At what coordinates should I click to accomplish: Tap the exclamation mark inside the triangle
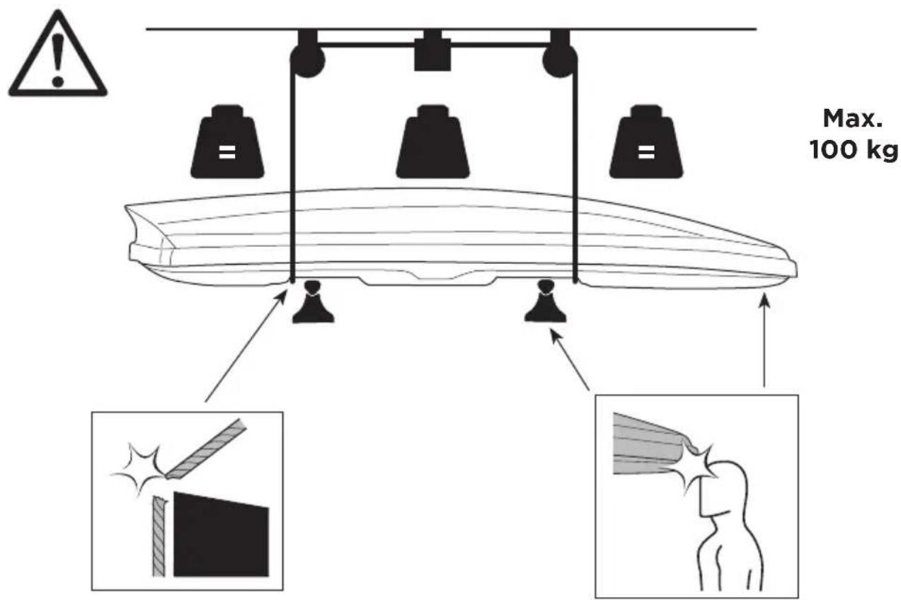coord(58,59)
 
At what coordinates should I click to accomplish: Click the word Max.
coord(853,119)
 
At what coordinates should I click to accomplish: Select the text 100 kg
coord(854,151)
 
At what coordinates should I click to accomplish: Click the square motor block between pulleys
coord(432,54)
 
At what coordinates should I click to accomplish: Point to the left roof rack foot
coord(314,301)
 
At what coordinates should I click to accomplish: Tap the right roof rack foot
coord(546,301)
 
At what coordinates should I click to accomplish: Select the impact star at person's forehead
coord(699,466)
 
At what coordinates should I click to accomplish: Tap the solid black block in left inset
coord(221,534)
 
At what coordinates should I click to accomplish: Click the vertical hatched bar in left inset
coord(159,537)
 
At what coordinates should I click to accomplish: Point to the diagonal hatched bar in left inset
coord(205,449)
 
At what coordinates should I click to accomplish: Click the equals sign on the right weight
coord(646,152)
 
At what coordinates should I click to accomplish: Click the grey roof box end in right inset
coord(648,443)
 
